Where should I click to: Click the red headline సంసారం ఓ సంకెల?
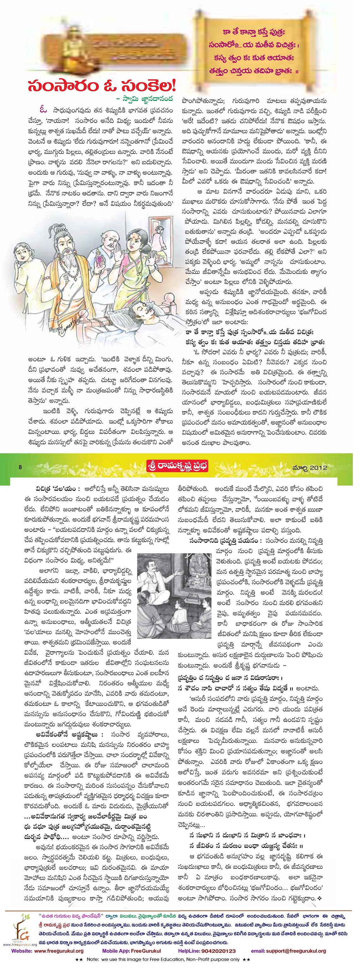(102, 86)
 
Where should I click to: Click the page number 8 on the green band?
(20, 467)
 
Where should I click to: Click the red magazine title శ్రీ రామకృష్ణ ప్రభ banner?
(177, 466)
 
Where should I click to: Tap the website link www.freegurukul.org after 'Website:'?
(59, 951)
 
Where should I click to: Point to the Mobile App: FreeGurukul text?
(131, 951)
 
